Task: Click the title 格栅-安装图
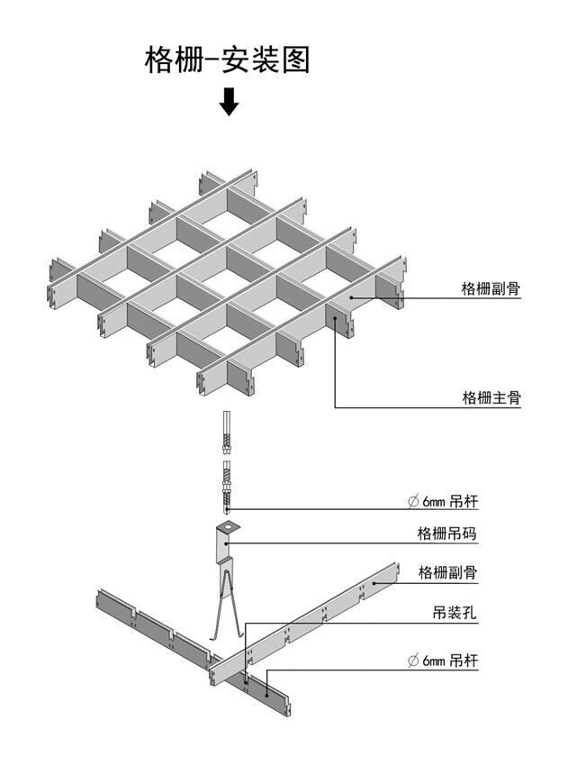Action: pos(227,59)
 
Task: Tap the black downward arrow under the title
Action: pos(229,102)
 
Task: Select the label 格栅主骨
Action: pos(491,397)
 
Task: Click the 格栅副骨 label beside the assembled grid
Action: pos(491,288)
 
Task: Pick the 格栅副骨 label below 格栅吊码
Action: pos(447,572)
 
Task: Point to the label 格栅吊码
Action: pos(447,533)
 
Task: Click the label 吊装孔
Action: pos(455,613)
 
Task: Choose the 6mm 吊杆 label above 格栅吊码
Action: pos(443,502)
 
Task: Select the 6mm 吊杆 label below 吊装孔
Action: pos(443,660)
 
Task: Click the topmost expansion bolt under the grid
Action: pos(227,433)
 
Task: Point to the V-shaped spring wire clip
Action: pos(226,606)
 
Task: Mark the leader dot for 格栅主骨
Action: pos(335,319)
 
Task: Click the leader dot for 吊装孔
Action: pos(246,681)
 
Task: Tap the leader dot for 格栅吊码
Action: pos(226,543)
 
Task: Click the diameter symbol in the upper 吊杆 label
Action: pos(413,502)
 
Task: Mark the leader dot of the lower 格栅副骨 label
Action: pos(374,583)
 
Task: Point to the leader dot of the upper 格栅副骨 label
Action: pos(352,297)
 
